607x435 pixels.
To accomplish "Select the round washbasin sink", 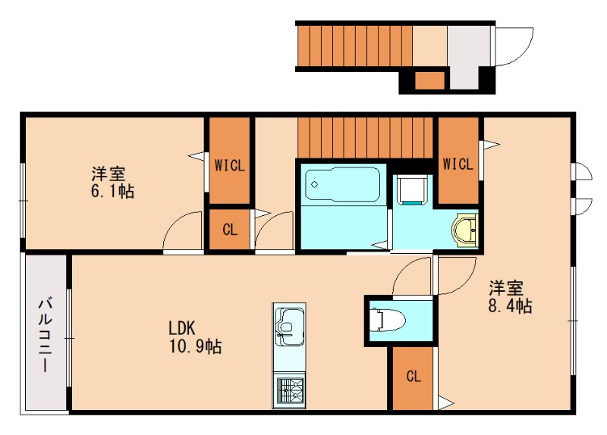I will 464,229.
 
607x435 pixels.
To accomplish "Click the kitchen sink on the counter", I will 289,325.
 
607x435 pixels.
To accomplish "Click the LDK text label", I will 182,329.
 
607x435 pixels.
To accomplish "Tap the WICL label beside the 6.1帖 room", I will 229,164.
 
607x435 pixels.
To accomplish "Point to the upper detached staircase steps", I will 354,45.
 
